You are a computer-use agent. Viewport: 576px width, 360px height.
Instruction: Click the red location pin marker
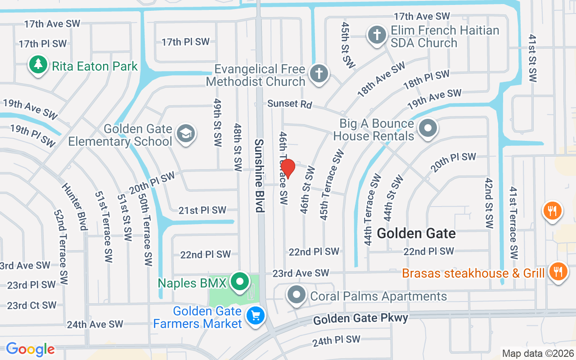[x=288, y=169]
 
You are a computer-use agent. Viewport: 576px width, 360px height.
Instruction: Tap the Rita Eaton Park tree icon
[x=39, y=65]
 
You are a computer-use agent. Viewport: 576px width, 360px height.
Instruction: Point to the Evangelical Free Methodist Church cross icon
[x=319, y=74]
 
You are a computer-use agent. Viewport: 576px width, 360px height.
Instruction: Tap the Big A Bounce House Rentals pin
[x=428, y=128]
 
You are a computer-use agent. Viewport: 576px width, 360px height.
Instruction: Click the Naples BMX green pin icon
[x=240, y=282]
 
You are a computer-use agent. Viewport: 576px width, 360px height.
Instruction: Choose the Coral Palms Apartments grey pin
[x=297, y=295]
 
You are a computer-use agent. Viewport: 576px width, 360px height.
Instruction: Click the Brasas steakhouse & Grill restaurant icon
[x=558, y=271]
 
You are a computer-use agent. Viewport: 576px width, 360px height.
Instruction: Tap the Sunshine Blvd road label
[x=259, y=175]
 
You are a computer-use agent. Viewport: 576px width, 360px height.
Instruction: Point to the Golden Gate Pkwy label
[x=361, y=319]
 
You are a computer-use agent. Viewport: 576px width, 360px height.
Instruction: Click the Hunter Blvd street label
[x=74, y=206]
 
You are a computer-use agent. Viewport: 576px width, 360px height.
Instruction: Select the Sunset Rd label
[x=289, y=104]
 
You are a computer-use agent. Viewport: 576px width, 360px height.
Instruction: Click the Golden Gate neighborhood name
[x=416, y=233]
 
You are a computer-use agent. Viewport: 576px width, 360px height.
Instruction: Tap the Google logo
[x=30, y=349]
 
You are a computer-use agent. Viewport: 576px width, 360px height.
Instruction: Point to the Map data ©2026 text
[x=538, y=353]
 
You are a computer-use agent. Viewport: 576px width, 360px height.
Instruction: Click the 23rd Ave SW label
[x=301, y=273]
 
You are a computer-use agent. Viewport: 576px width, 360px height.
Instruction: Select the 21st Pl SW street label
[x=202, y=210]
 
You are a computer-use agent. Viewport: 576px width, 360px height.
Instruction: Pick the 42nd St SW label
[x=489, y=202]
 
